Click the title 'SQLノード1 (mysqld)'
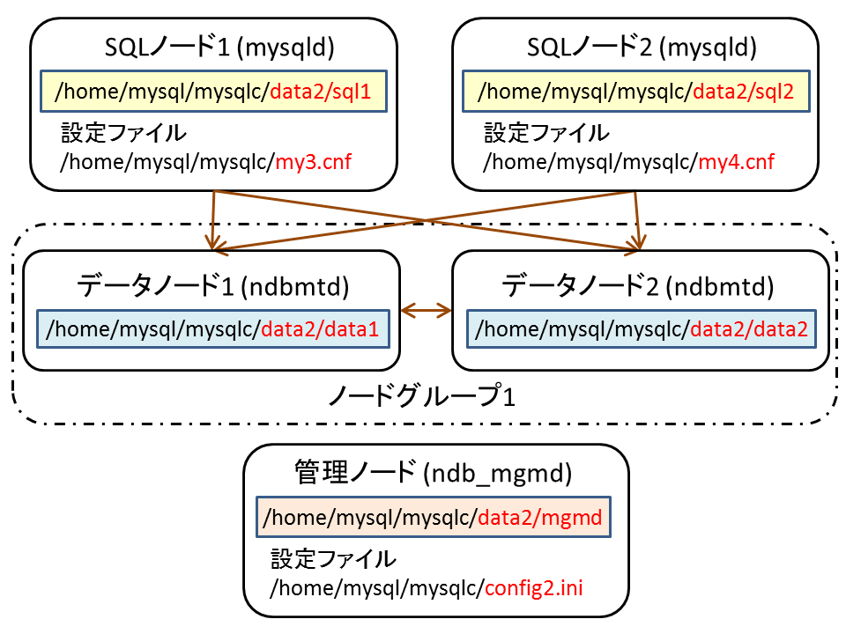(219, 48)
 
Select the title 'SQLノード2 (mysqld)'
(642, 48)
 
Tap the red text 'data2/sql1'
(321, 92)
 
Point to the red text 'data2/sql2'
(744, 92)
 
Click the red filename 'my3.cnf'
(314, 162)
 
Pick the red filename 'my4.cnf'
(737, 162)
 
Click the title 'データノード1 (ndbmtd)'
(212, 286)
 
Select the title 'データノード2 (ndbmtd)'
(638, 286)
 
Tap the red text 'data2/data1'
(320, 328)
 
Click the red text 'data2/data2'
(749, 328)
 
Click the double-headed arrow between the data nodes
(427, 311)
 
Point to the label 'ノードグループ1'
(422, 396)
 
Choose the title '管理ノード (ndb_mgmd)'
(434, 473)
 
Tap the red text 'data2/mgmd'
(539, 518)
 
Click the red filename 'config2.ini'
(534, 587)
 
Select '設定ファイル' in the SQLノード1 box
(123, 133)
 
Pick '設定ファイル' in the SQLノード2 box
(546, 133)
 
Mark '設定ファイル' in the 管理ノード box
(333, 558)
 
